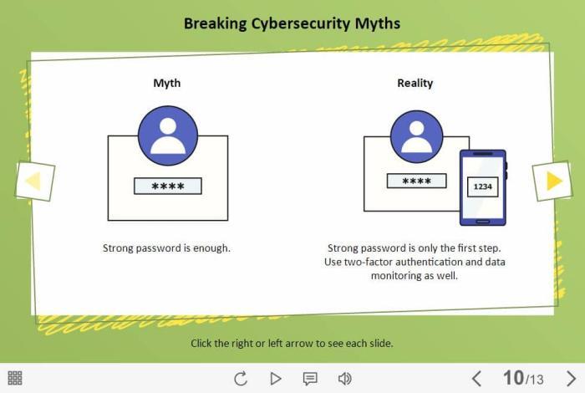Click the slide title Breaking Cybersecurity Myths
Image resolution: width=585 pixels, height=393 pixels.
[292, 23]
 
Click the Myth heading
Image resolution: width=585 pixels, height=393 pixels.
[166, 83]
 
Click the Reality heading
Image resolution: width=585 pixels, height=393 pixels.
[415, 83]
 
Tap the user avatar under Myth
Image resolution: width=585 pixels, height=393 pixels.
[167, 135]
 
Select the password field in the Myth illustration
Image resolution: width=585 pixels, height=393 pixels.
[167, 186]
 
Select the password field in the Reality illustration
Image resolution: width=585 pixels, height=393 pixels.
[416, 181]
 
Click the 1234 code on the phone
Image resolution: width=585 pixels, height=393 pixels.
[482, 186]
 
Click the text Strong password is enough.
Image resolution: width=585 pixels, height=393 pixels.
[166, 248]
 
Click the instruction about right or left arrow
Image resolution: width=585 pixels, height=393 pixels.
[292, 343]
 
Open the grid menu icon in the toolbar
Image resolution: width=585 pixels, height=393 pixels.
[15, 378]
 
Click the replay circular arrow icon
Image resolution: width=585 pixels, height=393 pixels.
[241, 378]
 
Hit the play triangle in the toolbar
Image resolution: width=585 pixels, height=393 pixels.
[275, 378]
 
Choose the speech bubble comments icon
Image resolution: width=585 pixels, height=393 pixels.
[310, 379]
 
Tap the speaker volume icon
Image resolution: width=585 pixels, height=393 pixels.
[344, 378]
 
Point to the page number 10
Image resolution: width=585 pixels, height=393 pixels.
[512, 377]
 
